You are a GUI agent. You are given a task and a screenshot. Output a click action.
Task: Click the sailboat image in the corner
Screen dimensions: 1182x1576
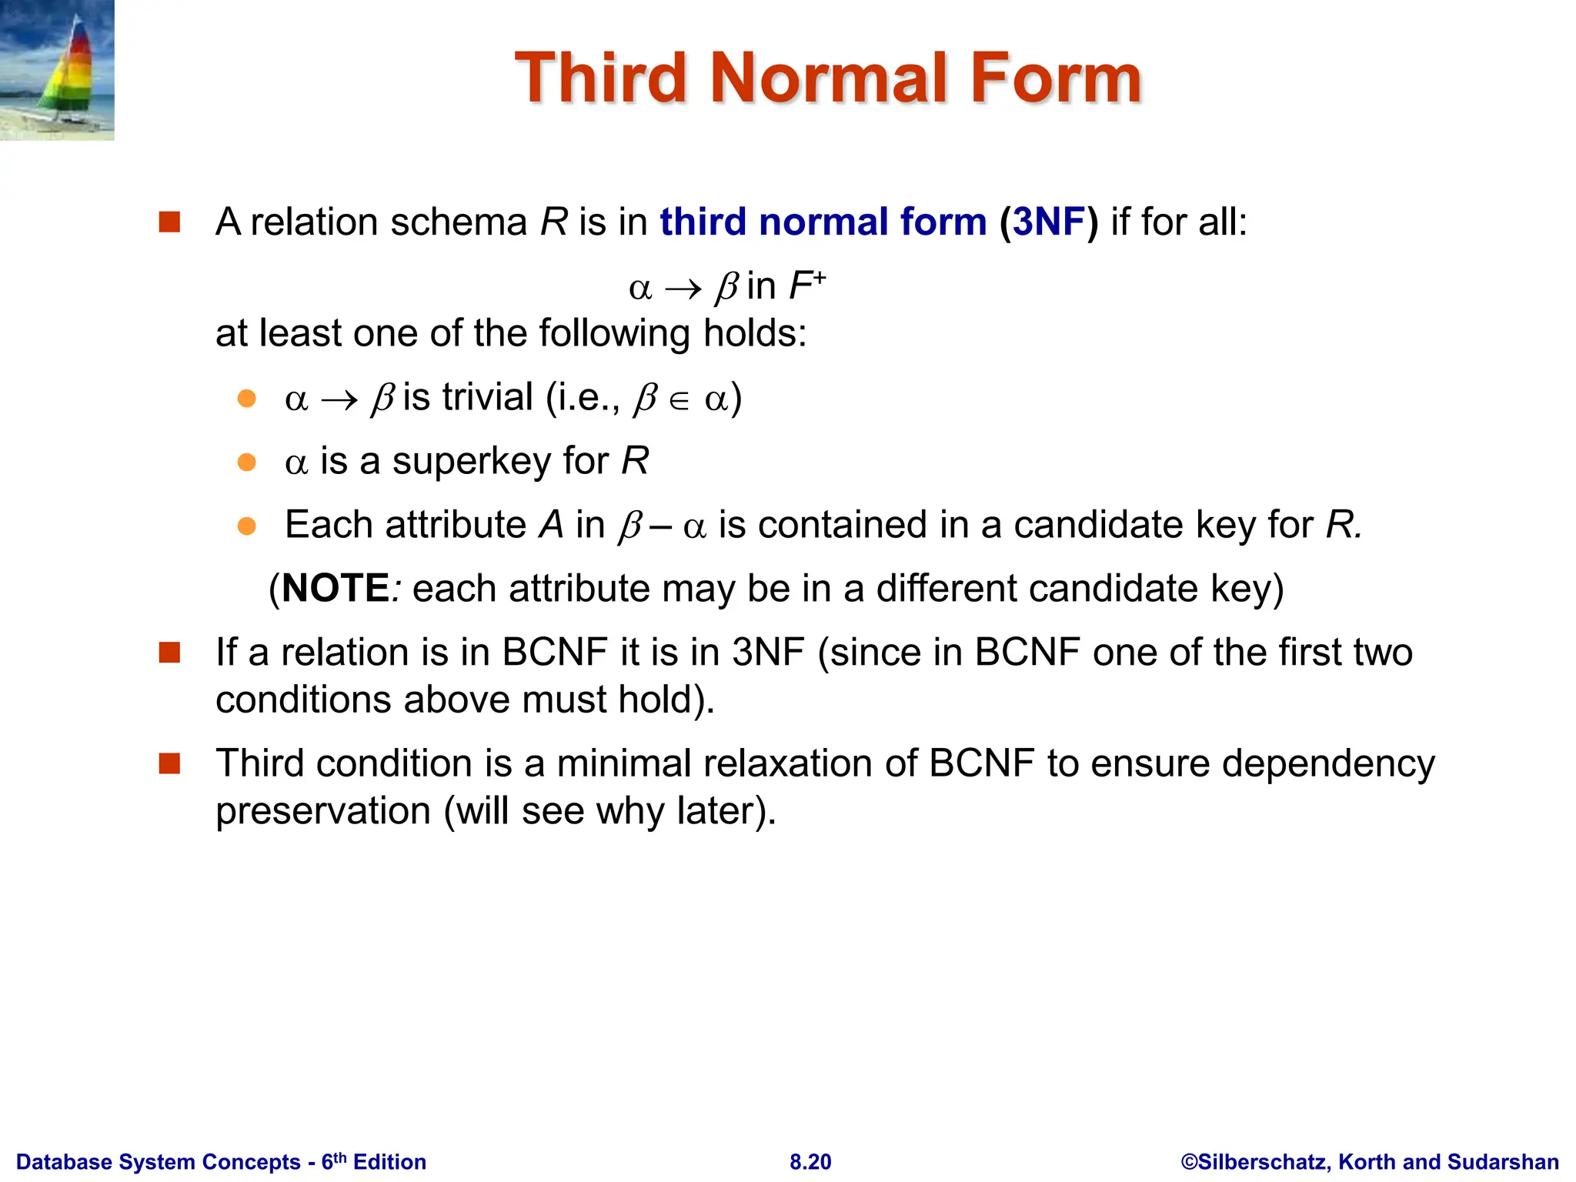coord(57,70)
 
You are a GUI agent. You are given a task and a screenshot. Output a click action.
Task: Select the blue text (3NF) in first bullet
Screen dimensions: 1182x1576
coord(1049,222)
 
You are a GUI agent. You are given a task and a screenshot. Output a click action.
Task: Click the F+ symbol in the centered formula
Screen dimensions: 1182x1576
coord(806,286)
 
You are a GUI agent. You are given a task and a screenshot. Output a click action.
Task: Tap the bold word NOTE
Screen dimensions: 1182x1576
coord(336,589)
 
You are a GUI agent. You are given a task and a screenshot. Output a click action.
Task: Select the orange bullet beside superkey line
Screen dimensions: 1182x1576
coord(246,462)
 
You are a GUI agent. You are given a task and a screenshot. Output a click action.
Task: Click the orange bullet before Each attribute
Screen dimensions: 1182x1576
coord(246,526)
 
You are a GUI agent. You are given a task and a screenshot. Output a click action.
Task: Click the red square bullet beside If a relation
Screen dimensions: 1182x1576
coord(169,653)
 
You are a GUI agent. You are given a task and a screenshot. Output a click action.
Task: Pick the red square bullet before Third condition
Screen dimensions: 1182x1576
coord(169,763)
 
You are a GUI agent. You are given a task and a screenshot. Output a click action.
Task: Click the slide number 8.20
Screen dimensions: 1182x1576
coord(810,1162)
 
